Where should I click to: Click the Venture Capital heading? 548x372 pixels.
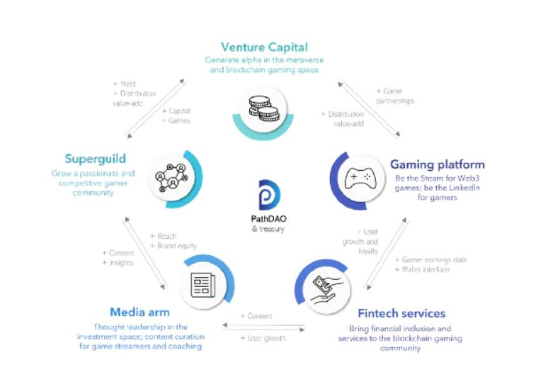pyautogui.click(x=264, y=47)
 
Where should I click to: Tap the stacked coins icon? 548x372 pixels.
pyautogui.click(x=263, y=108)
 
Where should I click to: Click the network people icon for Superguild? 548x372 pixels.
pyautogui.click(x=171, y=175)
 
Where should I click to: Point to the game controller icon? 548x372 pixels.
pyautogui.click(x=358, y=179)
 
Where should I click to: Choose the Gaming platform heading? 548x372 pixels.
pyautogui.click(x=437, y=164)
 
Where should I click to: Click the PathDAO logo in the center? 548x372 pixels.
pyautogui.click(x=268, y=196)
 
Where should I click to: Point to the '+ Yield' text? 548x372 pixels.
pyautogui.click(x=125, y=84)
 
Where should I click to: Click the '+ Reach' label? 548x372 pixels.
pyautogui.click(x=164, y=236)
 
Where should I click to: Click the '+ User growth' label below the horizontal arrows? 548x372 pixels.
pyautogui.click(x=263, y=338)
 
